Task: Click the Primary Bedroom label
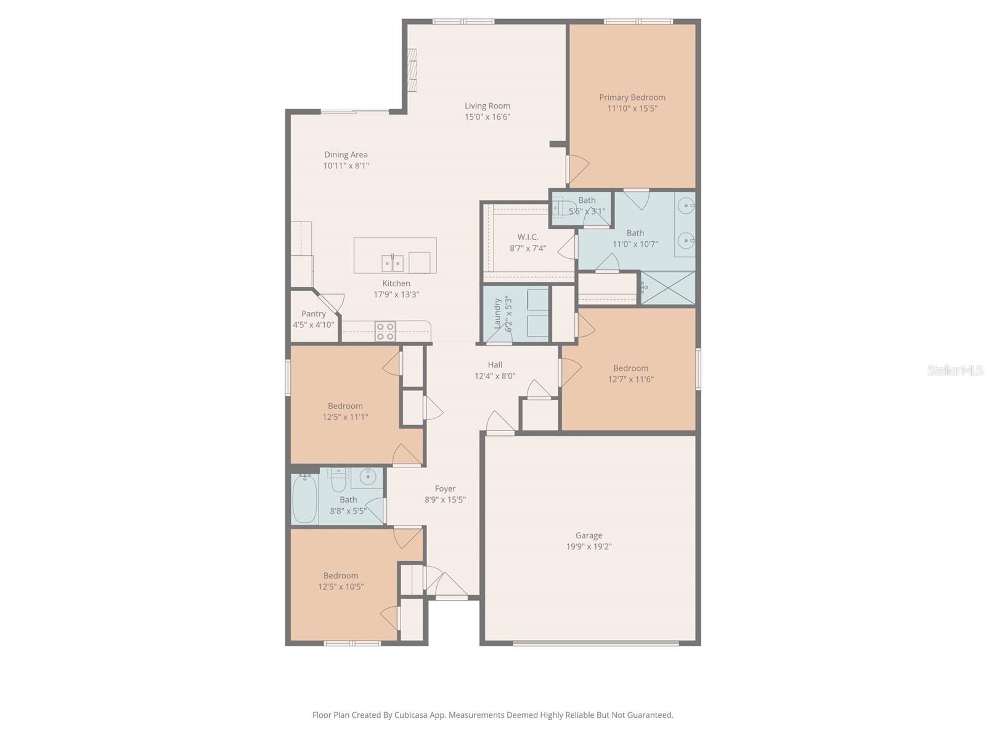pos(632,97)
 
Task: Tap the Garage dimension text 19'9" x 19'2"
pos(589,547)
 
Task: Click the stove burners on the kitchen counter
pos(385,331)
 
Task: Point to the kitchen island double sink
pos(392,263)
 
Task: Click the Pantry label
pos(314,314)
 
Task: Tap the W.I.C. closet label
pos(528,237)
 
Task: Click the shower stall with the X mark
pos(669,287)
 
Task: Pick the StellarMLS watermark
pos(955,370)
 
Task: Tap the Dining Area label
pos(346,155)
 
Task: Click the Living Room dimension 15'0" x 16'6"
pos(487,117)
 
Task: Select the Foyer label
pos(445,489)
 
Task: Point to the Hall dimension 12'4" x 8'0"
pos(495,376)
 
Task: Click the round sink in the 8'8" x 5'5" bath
pos(369,476)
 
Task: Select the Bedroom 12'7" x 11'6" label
pos(630,368)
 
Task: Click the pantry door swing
pos(333,302)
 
